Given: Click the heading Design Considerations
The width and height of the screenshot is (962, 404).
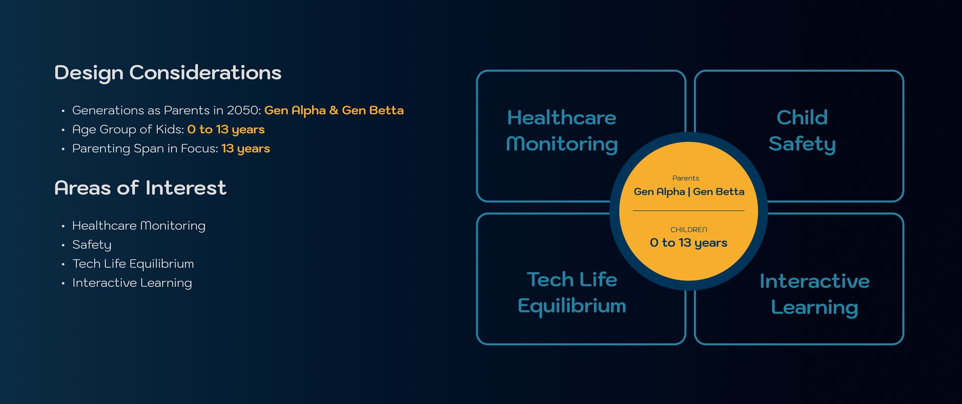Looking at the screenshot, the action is click(x=168, y=73).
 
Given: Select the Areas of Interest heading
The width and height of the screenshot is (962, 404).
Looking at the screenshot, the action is click(x=140, y=188).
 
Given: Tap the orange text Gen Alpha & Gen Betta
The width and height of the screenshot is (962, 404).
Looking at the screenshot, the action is click(x=334, y=110).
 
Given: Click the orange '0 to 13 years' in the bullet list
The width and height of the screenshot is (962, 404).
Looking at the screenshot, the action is click(x=226, y=130).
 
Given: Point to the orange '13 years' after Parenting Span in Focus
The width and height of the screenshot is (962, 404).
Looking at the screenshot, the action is click(x=246, y=149).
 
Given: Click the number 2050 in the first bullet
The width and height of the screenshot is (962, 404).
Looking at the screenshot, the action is click(x=244, y=110).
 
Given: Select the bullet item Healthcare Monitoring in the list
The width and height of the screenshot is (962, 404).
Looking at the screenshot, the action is click(x=139, y=226).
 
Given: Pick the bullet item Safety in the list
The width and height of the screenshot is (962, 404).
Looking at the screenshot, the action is click(x=92, y=245).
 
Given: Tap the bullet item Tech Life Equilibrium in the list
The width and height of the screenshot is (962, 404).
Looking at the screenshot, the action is click(x=133, y=264).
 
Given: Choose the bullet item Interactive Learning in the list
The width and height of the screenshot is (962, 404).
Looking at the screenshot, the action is click(x=132, y=283).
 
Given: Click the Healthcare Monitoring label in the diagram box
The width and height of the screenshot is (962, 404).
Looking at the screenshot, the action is click(x=562, y=131).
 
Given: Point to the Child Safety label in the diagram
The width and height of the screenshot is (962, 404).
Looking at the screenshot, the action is click(x=802, y=131).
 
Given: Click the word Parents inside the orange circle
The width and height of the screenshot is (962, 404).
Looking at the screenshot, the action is click(x=685, y=178).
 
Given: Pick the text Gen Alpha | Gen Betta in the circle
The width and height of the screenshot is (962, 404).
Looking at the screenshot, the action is click(x=689, y=192).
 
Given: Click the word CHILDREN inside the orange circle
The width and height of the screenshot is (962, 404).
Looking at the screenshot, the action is click(x=689, y=230).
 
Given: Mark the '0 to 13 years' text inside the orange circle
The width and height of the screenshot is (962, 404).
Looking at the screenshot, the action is click(x=688, y=243).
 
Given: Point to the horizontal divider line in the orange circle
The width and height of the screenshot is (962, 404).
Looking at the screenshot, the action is click(x=688, y=211).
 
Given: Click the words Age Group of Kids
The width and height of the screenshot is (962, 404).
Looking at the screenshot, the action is click(x=128, y=130).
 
